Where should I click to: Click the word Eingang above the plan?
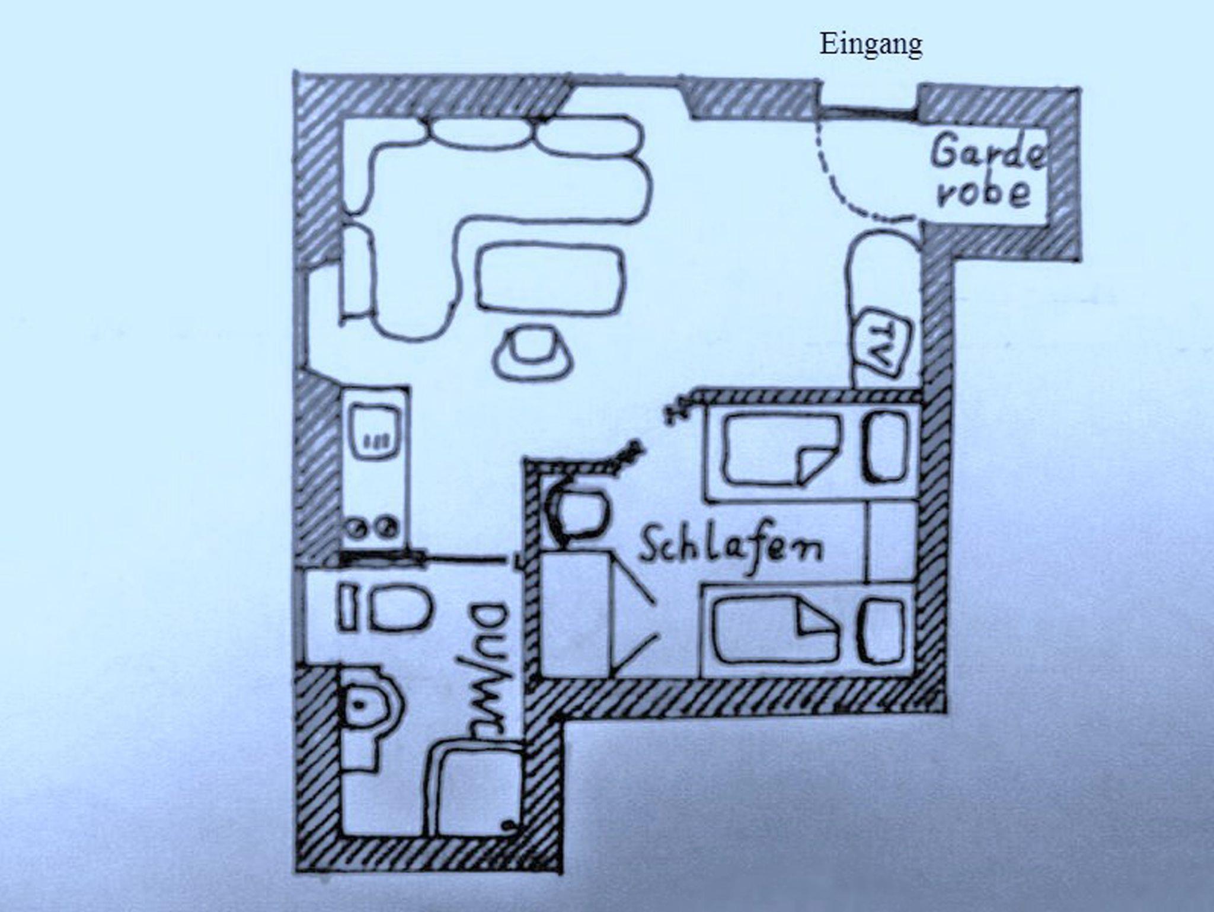[x=870, y=45]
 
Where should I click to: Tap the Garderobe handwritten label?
[x=986, y=173]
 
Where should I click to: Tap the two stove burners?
[x=372, y=527]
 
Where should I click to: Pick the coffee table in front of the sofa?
[x=551, y=278]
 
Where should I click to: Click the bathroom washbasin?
[x=400, y=608]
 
